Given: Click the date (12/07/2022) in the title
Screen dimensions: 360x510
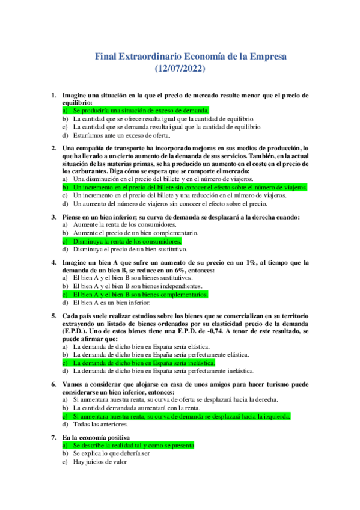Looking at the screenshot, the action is pyautogui.click(x=180, y=69).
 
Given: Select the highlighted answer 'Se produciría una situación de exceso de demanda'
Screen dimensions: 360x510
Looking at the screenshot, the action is pyautogui.click(x=141, y=111).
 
